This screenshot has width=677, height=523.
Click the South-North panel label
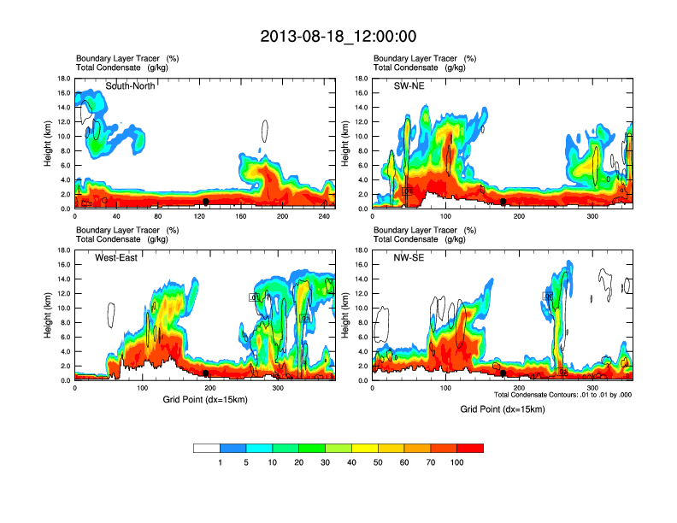click(x=130, y=85)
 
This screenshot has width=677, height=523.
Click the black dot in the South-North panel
click(x=206, y=202)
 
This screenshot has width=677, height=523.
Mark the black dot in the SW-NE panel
click(x=503, y=202)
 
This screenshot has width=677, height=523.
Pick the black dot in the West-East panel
click(x=206, y=373)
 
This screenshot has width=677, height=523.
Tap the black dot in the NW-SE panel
click(x=503, y=373)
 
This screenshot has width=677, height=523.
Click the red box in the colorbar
click(x=470, y=448)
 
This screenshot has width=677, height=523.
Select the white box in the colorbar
click(x=207, y=448)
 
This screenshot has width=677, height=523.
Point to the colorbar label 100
click(x=456, y=462)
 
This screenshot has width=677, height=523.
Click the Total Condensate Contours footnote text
click(x=562, y=394)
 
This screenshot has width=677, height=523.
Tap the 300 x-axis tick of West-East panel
click(x=278, y=388)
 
